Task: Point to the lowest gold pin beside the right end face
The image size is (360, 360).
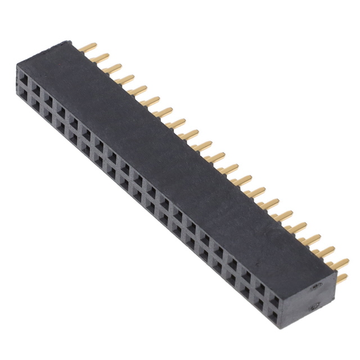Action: coord(341,277)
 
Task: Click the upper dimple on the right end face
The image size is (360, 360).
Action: coord(316,286)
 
